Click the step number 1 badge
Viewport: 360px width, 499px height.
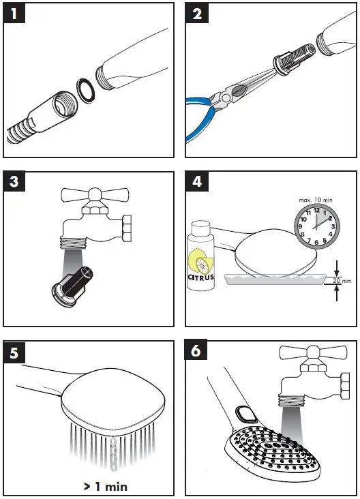coord(14,14)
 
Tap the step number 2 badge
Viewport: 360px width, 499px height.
coord(197,14)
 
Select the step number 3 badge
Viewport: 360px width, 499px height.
coord(14,182)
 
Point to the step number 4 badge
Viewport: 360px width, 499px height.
coord(197,182)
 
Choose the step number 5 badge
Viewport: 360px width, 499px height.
coord(14,352)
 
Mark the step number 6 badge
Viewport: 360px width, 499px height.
coord(196,350)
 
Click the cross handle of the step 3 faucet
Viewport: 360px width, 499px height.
coord(95,195)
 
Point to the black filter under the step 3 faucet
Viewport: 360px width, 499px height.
coord(73,284)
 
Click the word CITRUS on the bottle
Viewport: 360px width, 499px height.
coord(201,277)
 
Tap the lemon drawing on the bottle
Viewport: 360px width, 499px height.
coord(200,260)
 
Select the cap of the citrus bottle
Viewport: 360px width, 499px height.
coord(201,226)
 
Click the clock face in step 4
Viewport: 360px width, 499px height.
coord(317,227)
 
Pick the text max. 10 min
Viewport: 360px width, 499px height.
coord(316,200)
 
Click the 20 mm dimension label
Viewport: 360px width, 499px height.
coord(342,281)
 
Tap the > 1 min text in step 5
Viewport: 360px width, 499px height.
coord(106,486)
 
